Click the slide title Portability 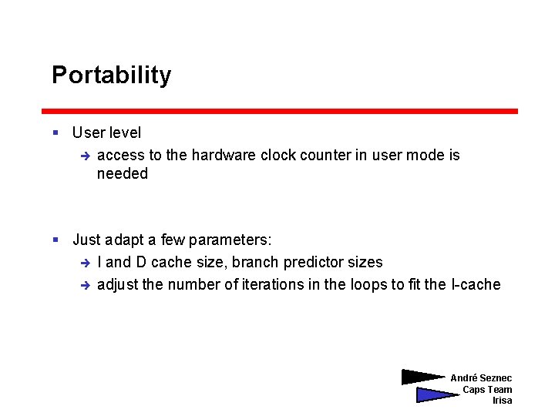[111, 75]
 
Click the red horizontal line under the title [279, 111]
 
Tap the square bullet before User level [55, 133]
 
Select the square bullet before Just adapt [55, 240]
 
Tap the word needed [122, 174]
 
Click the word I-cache [475, 284]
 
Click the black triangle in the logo [421, 377]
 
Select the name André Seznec [481, 378]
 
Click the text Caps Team [486, 389]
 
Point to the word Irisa [502, 401]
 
